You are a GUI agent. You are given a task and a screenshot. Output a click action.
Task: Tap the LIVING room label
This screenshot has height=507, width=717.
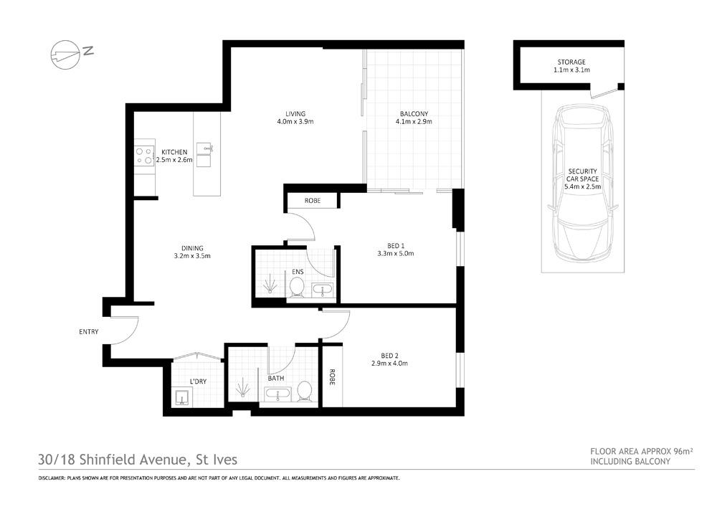click(295, 113)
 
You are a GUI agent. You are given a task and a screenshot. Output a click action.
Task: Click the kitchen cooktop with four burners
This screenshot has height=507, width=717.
click(144, 156)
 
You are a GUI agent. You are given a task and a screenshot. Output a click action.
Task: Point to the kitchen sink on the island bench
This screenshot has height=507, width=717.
click(204, 148)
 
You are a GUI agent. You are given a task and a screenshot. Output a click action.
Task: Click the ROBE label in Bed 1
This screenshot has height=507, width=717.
click(313, 202)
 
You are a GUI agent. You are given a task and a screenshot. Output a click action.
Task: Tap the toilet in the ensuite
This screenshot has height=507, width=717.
click(298, 287)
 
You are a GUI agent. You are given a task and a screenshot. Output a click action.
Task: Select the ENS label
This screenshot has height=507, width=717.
click(298, 273)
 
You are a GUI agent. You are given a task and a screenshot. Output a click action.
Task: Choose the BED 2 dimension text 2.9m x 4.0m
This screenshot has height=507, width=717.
click(390, 364)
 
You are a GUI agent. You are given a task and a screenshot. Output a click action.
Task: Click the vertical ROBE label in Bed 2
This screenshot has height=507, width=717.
click(332, 377)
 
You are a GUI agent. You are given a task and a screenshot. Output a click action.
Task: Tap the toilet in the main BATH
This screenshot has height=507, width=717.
click(305, 392)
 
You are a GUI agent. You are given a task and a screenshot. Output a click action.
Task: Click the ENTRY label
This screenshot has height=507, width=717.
click(89, 332)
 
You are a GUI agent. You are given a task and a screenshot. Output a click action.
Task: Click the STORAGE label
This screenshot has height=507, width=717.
click(571, 62)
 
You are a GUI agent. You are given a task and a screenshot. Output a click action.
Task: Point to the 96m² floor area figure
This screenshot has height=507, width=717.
click(683, 451)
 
